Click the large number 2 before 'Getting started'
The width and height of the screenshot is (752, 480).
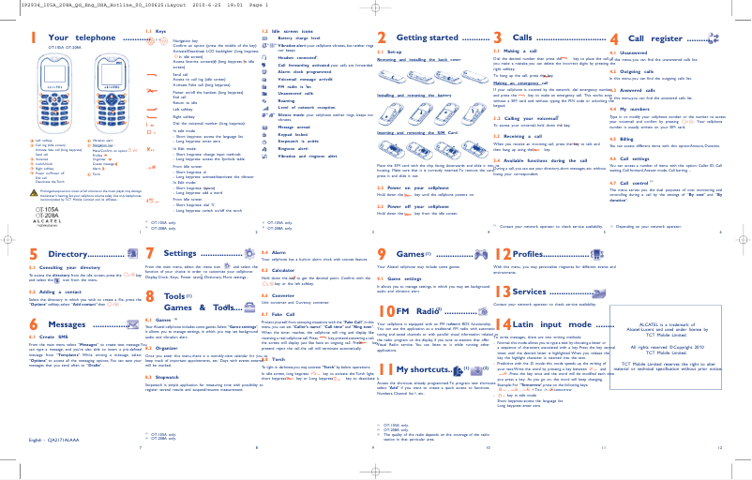tap(381, 38)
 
